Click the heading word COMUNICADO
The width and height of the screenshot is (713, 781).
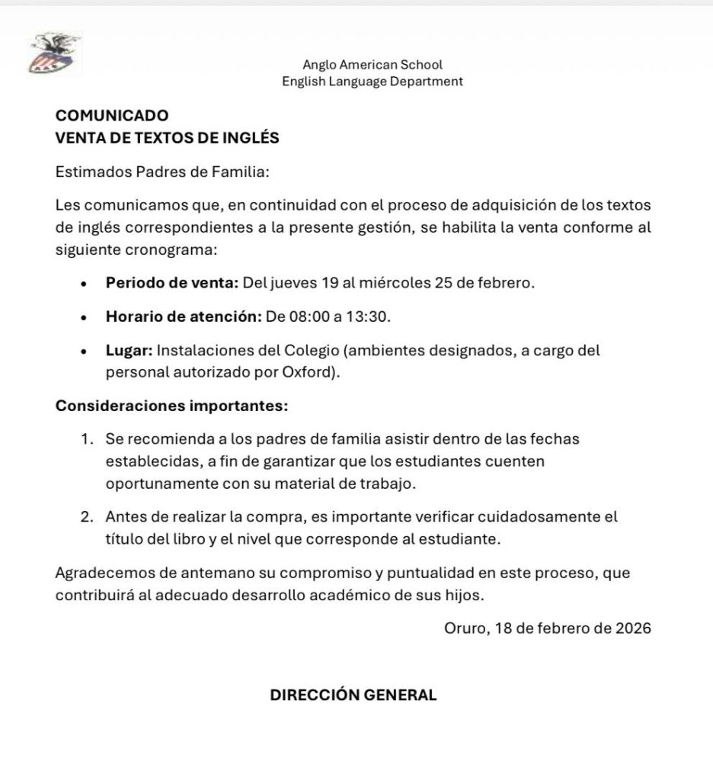point(111,116)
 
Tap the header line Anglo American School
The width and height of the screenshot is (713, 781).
point(372,66)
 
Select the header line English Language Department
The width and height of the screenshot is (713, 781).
point(372,82)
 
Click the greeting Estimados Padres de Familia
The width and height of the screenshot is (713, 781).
point(163,172)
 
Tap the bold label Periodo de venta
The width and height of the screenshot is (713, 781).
point(172,283)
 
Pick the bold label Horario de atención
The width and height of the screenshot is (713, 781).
point(184,316)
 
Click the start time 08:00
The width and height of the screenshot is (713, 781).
point(302,316)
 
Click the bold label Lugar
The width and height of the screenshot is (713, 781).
point(129,351)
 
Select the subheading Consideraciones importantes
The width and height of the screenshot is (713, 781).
point(172,406)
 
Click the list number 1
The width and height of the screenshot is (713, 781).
point(87,440)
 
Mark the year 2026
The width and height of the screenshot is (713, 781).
point(633,629)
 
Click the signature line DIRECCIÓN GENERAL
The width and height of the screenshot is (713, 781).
point(353,696)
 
